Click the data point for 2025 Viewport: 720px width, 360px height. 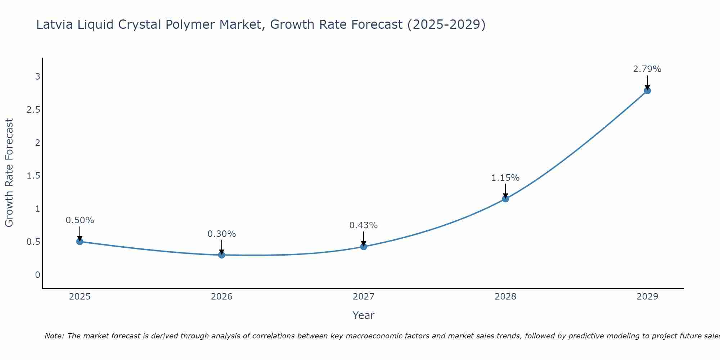tap(80, 242)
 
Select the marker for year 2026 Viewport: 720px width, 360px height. tap(221, 255)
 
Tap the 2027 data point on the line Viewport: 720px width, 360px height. tap(363, 247)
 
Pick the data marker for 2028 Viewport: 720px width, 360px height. tap(505, 199)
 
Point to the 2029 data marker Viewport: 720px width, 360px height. tap(647, 91)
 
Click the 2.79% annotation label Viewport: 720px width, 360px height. tap(647, 69)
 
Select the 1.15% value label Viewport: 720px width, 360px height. tap(505, 178)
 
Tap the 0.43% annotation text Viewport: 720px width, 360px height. tap(363, 225)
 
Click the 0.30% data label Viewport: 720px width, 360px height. tap(221, 234)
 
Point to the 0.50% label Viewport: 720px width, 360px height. tap(80, 220)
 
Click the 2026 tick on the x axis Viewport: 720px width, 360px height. tap(221, 297)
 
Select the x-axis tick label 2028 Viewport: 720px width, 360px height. tap(505, 297)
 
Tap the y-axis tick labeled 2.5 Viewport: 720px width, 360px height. tap(33, 110)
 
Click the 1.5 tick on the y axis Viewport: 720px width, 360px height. tap(33, 176)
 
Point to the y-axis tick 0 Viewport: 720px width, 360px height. tap(37, 275)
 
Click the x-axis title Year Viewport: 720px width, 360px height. tap(363, 315)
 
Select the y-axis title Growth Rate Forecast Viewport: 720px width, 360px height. tap(9, 173)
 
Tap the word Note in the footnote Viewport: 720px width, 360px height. tap(54, 336)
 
